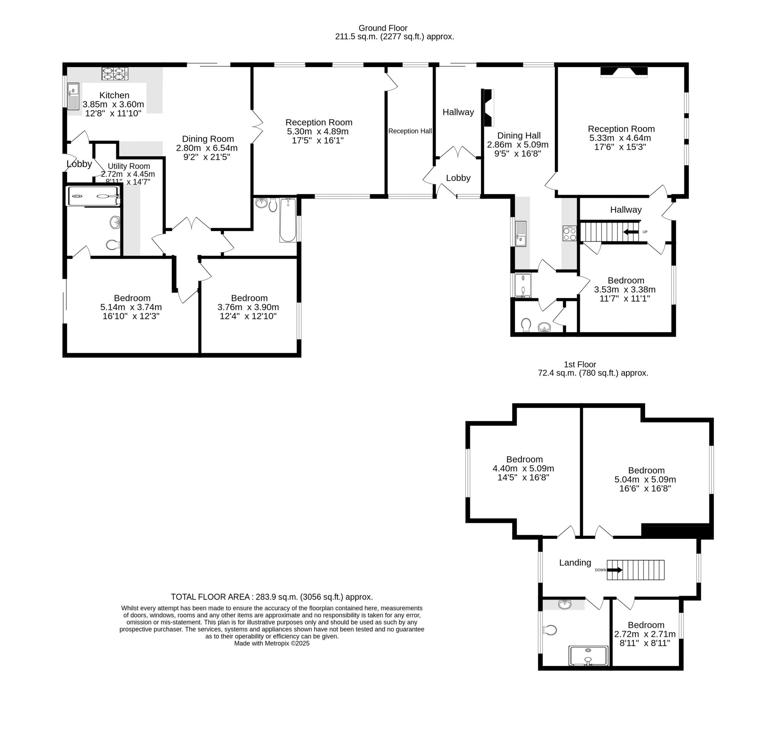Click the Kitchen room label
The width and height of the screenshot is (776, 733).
[114, 95]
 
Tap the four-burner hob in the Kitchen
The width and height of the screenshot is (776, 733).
[114, 73]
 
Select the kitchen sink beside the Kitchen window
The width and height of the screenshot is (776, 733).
[73, 96]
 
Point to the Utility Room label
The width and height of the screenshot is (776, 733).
[129, 166]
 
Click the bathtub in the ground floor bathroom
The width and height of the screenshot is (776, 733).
[288, 220]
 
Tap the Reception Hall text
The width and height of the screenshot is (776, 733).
[410, 131]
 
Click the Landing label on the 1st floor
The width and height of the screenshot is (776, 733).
[575, 562]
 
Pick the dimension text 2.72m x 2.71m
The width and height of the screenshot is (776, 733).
[645, 634]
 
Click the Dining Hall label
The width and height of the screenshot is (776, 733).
[519, 136]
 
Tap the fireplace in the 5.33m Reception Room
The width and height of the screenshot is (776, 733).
[624, 72]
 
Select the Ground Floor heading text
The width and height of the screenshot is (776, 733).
[383, 28]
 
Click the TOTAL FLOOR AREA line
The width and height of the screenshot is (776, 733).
[272, 597]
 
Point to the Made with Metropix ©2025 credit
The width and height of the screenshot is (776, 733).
[272, 643]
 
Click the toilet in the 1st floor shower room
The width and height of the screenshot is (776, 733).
[551, 630]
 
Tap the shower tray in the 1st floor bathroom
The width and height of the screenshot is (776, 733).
[588, 656]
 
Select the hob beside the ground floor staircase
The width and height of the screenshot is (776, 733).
[569, 233]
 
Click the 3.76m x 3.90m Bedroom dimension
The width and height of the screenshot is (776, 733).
[248, 307]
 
